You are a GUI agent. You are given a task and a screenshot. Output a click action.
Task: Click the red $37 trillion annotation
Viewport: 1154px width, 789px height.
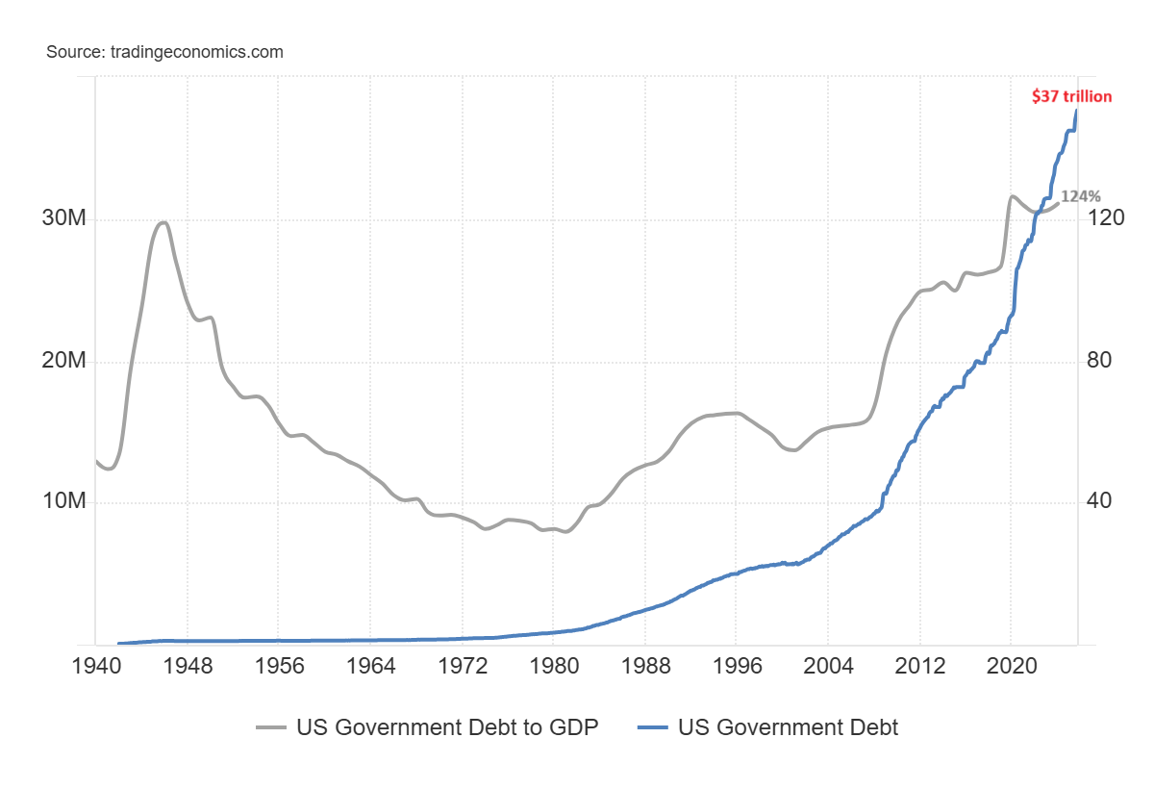tap(1071, 96)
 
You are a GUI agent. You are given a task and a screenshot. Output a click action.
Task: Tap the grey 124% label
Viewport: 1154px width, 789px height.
tap(1080, 195)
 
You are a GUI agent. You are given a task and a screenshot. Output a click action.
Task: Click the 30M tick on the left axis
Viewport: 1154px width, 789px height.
tap(64, 219)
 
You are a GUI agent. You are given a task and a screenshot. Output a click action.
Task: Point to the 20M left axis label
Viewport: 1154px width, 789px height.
tap(64, 361)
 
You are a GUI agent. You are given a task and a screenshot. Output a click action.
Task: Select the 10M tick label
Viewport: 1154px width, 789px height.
tap(64, 502)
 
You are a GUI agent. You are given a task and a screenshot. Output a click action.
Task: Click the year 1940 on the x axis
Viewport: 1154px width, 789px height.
tap(96, 668)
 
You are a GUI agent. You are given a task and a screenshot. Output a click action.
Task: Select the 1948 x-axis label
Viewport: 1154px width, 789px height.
tap(188, 668)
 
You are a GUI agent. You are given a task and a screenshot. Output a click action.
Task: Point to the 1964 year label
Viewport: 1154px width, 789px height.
tap(370, 668)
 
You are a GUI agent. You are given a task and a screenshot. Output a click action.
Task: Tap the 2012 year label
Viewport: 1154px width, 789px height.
tap(919, 668)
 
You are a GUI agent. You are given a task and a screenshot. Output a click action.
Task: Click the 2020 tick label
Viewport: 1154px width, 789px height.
tap(1011, 668)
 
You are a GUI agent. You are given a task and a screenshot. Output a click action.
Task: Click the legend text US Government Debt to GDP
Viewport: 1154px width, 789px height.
tap(447, 727)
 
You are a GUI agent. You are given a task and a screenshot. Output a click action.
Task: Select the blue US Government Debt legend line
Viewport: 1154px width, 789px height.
tap(653, 728)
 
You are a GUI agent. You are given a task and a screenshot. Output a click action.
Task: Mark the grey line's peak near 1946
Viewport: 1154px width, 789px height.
tap(163, 223)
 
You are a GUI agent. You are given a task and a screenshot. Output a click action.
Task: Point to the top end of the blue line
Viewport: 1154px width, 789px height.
tap(1076, 110)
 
